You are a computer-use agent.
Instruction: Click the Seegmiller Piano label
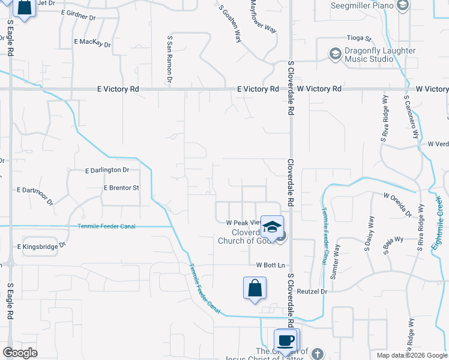pos(362,6)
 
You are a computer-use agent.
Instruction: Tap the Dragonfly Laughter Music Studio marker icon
pos(335,55)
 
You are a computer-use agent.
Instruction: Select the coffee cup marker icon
pos(286,340)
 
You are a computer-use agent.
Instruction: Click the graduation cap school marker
pos(272,227)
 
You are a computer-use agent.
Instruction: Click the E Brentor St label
pos(121,188)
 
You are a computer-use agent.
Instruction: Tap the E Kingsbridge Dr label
pos(41,246)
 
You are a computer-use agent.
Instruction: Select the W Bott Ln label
pos(270,265)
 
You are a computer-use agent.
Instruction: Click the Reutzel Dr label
pos(314,292)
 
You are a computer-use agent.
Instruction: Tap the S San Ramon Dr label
pos(170,59)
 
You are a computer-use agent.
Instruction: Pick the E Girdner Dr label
pos(78,16)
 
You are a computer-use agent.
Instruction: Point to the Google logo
pos(21,353)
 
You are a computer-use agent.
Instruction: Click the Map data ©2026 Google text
pos(411,355)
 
